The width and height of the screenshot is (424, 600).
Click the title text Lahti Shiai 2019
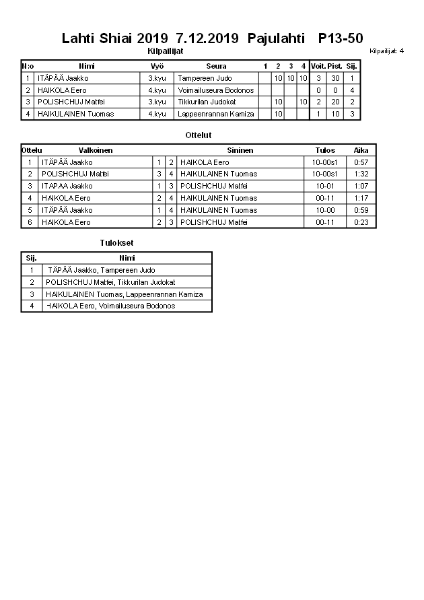tap(115, 38)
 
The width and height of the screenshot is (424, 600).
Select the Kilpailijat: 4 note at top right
tap(386, 51)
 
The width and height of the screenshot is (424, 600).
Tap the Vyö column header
tap(157, 66)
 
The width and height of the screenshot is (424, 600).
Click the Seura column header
tap(216, 66)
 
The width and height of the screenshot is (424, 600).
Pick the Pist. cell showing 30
tap(335, 78)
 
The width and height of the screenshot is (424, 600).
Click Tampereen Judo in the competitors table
tap(205, 78)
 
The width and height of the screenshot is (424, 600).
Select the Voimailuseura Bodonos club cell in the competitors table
tap(216, 90)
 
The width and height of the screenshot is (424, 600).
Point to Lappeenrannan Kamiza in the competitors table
tap(216, 114)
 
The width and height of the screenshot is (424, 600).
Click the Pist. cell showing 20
tap(335, 102)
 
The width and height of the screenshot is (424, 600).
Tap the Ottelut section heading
tap(199, 135)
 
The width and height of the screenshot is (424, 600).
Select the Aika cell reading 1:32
tap(361, 174)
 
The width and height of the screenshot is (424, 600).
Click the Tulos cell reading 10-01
tap(324, 186)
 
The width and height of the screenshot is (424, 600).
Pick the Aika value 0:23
tap(361, 222)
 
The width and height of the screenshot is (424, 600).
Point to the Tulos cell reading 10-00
tap(324, 210)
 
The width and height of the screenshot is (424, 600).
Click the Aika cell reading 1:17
tap(361, 198)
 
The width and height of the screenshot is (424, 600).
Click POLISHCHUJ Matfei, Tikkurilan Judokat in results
tap(110, 282)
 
